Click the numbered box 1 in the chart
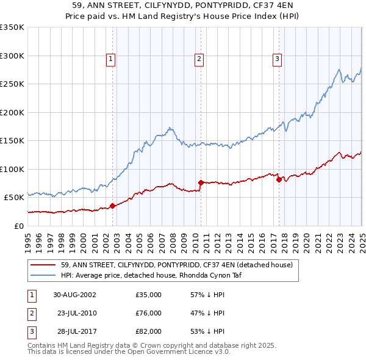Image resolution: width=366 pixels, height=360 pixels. pos(110,59)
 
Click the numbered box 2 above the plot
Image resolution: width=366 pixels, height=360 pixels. pos(199,59)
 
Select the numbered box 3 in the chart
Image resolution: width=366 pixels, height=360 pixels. pos(277,59)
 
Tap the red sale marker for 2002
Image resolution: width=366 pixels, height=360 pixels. pos(113,206)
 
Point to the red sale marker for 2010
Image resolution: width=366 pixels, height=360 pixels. pos(201,182)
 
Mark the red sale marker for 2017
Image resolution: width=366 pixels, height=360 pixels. pos(279,179)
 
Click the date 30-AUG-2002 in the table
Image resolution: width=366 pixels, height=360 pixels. pos(74,295)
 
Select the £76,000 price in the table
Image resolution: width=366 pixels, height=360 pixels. pos(149,313)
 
